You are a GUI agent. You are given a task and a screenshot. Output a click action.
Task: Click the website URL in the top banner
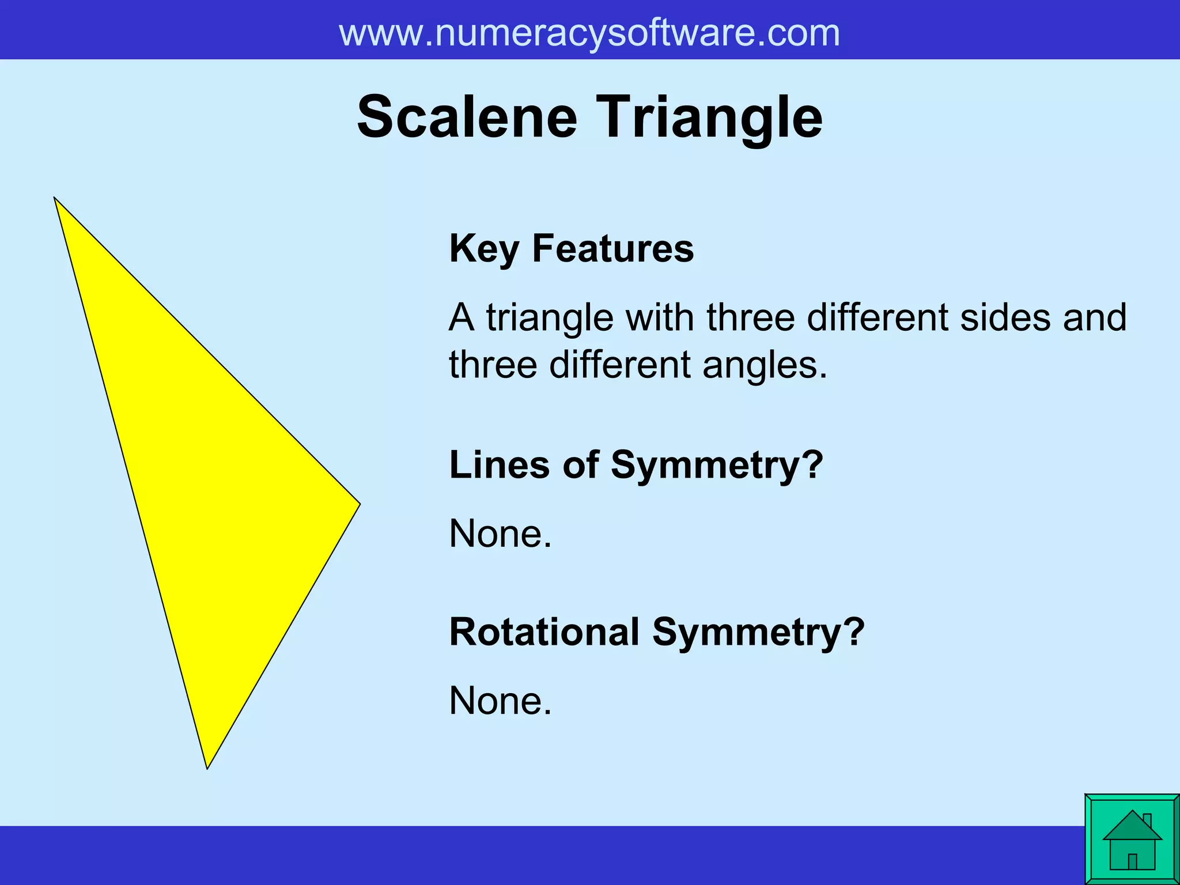pyautogui.click(x=589, y=33)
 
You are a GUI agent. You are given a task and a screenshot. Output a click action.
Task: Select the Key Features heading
pyautogui.click(x=571, y=248)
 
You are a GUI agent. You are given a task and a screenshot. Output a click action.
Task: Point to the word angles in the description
pyautogui.click(x=765, y=365)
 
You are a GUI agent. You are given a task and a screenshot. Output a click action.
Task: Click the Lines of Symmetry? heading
pyautogui.click(x=636, y=464)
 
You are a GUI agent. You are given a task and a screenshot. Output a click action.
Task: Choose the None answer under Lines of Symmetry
pyautogui.click(x=500, y=534)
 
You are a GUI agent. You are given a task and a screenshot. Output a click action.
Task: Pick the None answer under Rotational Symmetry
pyautogui.click(x=500, y=701)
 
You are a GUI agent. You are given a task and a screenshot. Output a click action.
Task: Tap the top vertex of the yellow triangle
pyautogui.click(x=55, y=198)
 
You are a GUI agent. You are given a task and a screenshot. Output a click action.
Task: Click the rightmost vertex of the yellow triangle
pyautogui.click(x=359, y=504)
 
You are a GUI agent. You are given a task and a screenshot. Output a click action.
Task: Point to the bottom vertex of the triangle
pyautogui.click(x=207, y=767)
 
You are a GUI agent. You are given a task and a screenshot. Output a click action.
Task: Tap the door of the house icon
pyautogui.click(x=1132, y=861)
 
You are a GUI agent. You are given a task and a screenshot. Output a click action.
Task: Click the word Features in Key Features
pyautogui.click(x=612, y=248)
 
